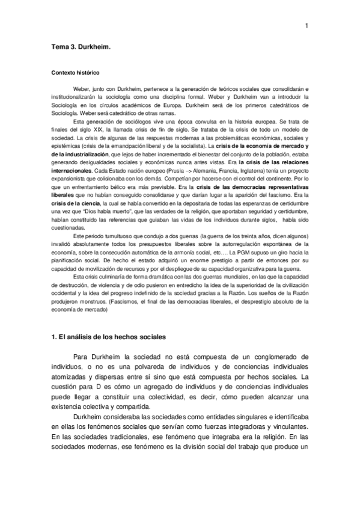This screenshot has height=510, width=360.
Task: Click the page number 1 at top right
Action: click(x=307, y=25)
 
